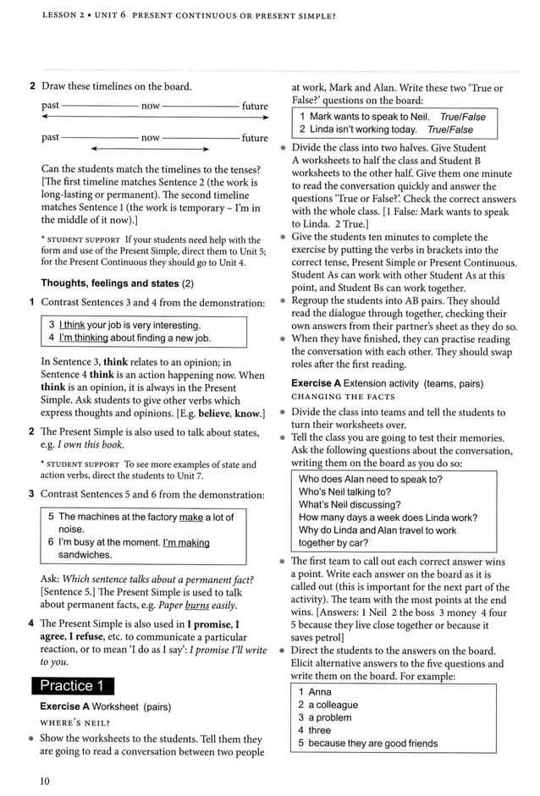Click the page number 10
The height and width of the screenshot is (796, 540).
(45, 781)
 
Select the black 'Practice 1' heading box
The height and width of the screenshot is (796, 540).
(72, 685)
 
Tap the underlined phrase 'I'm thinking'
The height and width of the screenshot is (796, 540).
(84, 338)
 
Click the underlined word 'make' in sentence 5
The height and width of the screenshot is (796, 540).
(191, 517)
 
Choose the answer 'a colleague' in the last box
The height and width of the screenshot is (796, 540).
(333, 705)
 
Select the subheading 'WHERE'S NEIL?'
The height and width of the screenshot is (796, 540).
(75, 722)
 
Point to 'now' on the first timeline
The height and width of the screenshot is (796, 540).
(151, 106)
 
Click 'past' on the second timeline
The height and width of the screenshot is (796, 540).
(51, 137)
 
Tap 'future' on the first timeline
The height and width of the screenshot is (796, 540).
(255, 106)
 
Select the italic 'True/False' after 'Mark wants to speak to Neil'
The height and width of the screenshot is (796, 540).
(463, 117)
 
